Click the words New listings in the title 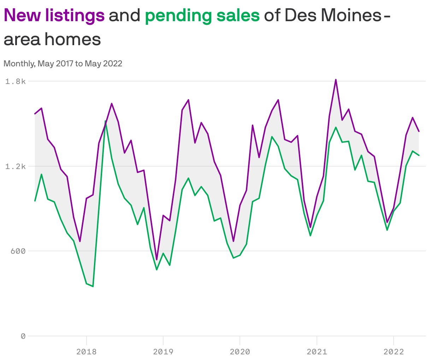pyautogui.click(x=54, y=16)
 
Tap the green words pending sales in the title pyautogui.click(x=202, y=16)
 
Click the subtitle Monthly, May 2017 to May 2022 pyautogui.click(x=63, y=64)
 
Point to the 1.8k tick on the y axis pyautogui.click(x=16, y=82)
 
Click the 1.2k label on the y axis pyautogui.click(x=16, y=166)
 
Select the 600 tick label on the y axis pyautogui.click(x=18, y=251)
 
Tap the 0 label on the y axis pyautogui.click(x=23, y=336)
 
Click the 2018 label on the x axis pyautogui.click(x=86, y=352)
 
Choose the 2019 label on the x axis pyautogui.click(x=163, y=352)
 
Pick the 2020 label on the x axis pyautogui.click(x=240, y=352)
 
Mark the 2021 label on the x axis pyautogui.click(x=317, y=352)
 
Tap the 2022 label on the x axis pyautogui.click(x=394, y=352)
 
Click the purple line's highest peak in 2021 pyautogui.click(x=336, y=80)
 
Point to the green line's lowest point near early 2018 pyautogui.click(x=93, y=286)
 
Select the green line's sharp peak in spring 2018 pyautogui.click(x=105, y=121)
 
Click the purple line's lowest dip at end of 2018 pyautogui.click(x=157, y=260)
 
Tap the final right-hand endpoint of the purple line pyautogui.click(x=419, y=132)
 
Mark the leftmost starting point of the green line pyautogui.click(x=35, y=201)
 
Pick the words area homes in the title pyautogui.click(x=52, y=40)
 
